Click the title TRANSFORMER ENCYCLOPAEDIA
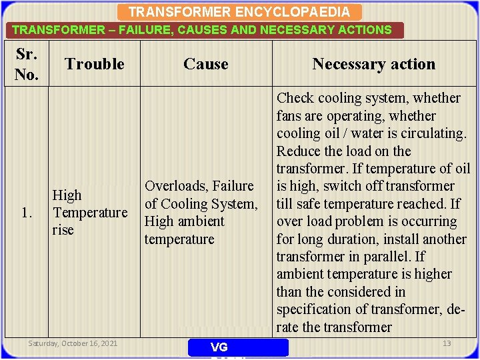click(x=239, y=12)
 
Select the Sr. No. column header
click(x=26, y=64)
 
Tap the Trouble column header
click(x=95, y=64)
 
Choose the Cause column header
click(x=205, y=64)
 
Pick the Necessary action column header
click(x=373, y=64)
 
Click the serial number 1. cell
click(x=27, y=213)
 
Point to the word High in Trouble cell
click(x=67, y=195)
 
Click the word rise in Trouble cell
click(x=63, y=230)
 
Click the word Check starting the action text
click(x=296, y=98)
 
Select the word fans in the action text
click(x=289, y=115)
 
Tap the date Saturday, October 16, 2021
click(x=73, y=343)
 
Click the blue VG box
click(x=238, y=347)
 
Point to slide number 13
click(x=447, y=343)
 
